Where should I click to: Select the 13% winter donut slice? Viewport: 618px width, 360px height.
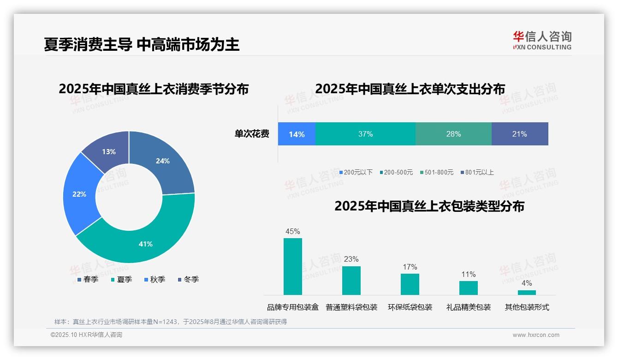click(109, 151)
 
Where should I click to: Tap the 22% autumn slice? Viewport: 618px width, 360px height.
click(79, 194)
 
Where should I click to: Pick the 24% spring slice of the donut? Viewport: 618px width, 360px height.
click(162, 161)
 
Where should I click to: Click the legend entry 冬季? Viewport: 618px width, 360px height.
click(188, 279)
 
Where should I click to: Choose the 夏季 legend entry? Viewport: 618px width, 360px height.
click(121, 279)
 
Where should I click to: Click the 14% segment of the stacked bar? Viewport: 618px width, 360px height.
click(297, 134)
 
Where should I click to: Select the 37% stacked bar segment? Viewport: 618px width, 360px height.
click(365, 134)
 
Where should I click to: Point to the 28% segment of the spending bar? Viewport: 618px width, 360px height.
click(453, 134)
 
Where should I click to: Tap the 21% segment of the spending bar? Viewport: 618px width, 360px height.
click(519, 134)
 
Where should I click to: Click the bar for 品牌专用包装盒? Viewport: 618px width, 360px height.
click(293, 266)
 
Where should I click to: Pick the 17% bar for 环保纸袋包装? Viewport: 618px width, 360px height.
click(410, 284)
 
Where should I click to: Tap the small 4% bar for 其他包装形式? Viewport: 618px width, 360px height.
click(527, 292)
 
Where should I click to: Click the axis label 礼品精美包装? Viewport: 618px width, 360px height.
click(468, 307)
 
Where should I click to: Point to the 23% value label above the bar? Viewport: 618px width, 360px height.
click(351, 259)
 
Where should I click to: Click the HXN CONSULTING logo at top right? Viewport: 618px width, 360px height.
click(542, 41)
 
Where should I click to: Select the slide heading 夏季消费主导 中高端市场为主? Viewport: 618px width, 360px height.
click(142, 44)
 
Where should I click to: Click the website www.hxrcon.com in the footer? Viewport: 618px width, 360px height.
click(536, 335)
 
